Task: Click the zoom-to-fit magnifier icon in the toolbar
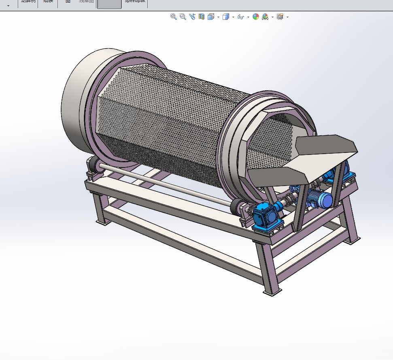[x=174, y=17]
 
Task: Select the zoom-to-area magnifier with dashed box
[x=183, y=17]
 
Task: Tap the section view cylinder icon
[x=202, y=17]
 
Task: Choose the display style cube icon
[x=226, y=17]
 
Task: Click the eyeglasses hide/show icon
[x=240, y=17]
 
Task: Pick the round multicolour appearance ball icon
[x=256, y=17]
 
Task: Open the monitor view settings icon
[x=280, y=17]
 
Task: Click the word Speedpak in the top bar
[x=136, y=1]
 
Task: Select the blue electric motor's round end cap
[x=325, y=199]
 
